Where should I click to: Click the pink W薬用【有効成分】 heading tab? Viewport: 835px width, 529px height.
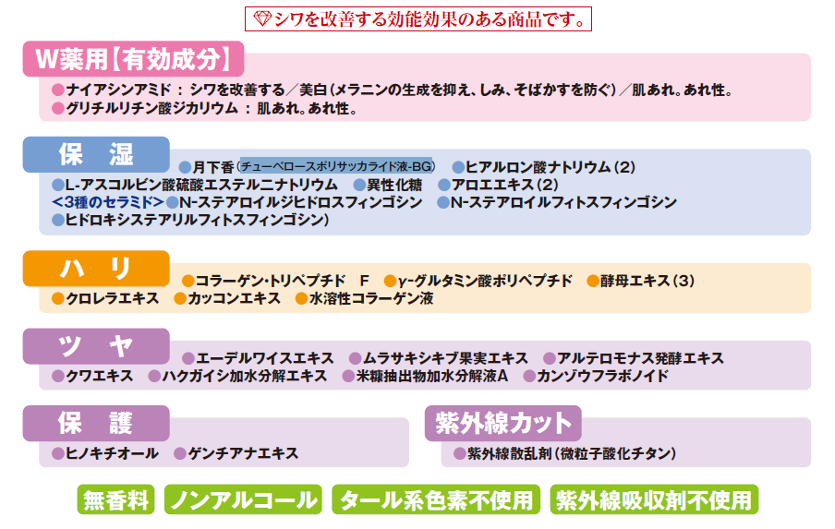pos(133,59)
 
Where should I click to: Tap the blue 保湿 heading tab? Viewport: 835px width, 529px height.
pos(96,154)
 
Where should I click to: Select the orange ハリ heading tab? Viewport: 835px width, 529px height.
pos(96,269)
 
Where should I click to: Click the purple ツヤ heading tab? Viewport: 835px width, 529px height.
pos(96,346)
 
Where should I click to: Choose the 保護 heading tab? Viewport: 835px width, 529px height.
pos(96,424)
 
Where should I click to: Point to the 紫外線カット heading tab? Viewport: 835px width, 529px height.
pos(502,424)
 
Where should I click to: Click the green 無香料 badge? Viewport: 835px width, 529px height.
pos(116,500)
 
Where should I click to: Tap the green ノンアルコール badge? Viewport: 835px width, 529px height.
pos(243,500)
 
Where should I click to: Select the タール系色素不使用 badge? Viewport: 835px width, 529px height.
pos(436,500)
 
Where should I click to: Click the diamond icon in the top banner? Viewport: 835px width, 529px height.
pos(261,18)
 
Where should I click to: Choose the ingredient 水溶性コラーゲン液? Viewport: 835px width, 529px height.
pos(370,298)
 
